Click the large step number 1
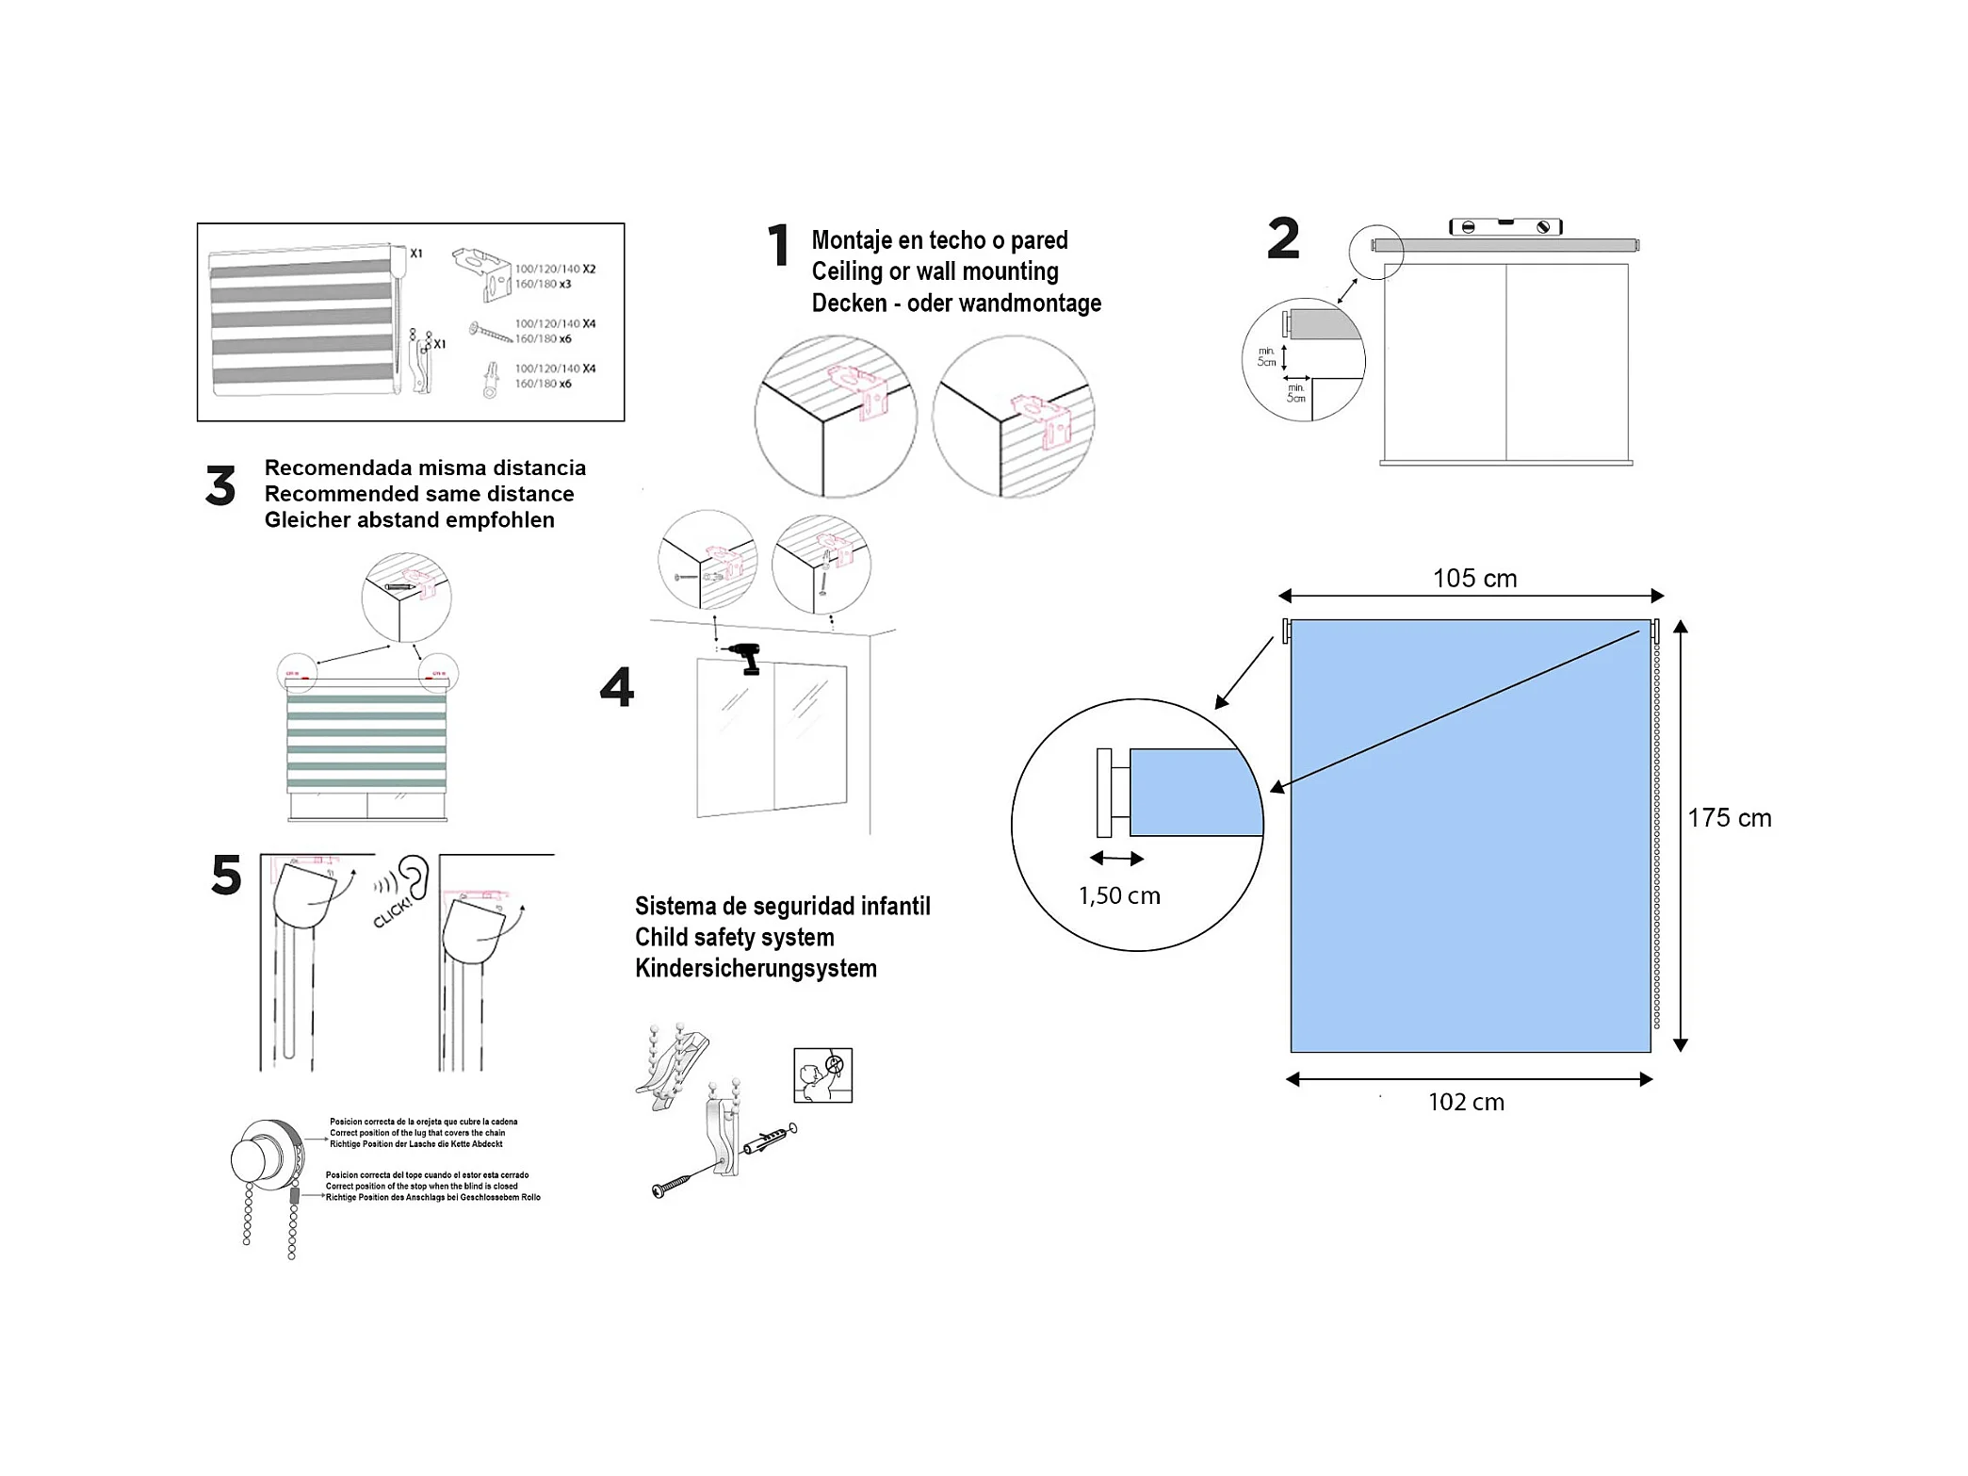(x=778, y=246)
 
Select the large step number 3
(x=220, y=486)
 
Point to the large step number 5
(x=226, y=875)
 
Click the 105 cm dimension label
(x=1474, y=579)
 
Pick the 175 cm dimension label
(x=1729, y=818)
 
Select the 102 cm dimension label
(x=1466, y=1102)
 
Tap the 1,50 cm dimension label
(x=1119, y=895)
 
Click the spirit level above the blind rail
(x=1505, y=226)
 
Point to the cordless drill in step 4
(x=743, y=656)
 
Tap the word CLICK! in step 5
(x=393, y=912)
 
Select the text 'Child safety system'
(x=734, y=938)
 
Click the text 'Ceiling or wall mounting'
(x=935, y=271)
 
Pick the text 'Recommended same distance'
(x=418, y=494)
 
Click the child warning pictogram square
(x=822, y=1074)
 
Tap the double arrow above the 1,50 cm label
(x=1116, y=859)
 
